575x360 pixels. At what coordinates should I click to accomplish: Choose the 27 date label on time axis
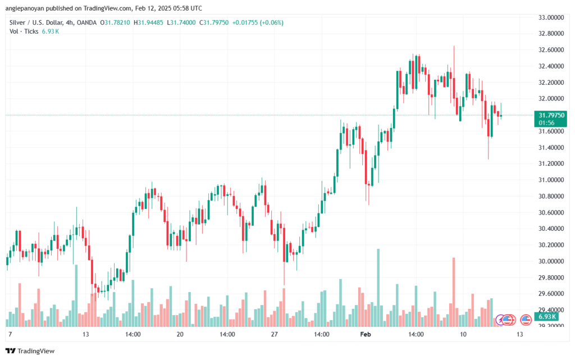click(x=275, y=334)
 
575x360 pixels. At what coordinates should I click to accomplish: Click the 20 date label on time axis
click(x=180, y=334)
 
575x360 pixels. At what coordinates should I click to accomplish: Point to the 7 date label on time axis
click(x=10, y=334)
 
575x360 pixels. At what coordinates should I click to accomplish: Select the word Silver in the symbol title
click(x=19, y=22)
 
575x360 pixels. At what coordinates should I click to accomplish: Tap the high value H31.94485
click(x=149, y=22)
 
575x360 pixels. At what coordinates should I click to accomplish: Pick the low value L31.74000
click(x=192, y=22)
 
